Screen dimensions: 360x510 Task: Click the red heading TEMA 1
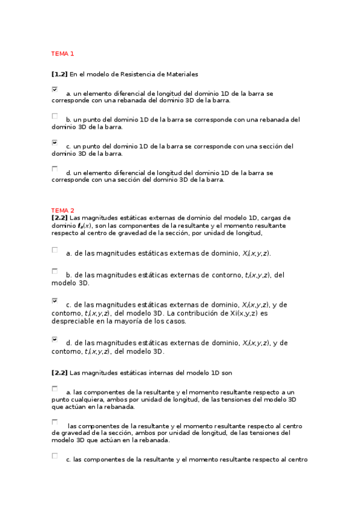63,54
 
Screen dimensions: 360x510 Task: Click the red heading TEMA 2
63,210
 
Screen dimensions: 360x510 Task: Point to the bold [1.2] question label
59,74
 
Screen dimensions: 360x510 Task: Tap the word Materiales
180,74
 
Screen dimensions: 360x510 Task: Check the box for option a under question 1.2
55,90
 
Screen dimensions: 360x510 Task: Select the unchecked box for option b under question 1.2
55,115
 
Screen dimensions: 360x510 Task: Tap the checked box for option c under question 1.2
55,143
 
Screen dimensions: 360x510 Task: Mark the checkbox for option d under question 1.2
55,168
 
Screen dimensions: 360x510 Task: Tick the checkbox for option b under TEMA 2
55,271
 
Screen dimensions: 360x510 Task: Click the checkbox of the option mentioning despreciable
55,300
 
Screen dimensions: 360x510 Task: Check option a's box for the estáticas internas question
55,389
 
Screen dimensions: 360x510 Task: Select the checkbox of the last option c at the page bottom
55,456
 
